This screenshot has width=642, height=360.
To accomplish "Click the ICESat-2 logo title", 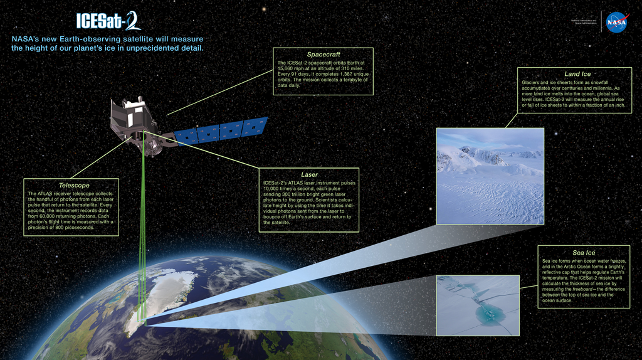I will [x=108, y=21].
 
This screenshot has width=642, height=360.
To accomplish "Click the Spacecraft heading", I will [x=324, y=55].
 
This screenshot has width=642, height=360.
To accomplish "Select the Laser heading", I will [x=309, y=174].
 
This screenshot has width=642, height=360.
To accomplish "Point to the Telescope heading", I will [x=74, y=186].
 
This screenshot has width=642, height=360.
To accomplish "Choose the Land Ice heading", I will [x=577, y=74].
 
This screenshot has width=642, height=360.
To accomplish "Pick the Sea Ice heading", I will [x=584, y=253].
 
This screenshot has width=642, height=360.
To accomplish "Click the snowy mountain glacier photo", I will [x=490, y=176].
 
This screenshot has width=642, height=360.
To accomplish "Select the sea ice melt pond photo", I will [x=478, y=305].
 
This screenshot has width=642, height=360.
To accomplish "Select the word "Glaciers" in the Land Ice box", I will [x=532, y=83].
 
